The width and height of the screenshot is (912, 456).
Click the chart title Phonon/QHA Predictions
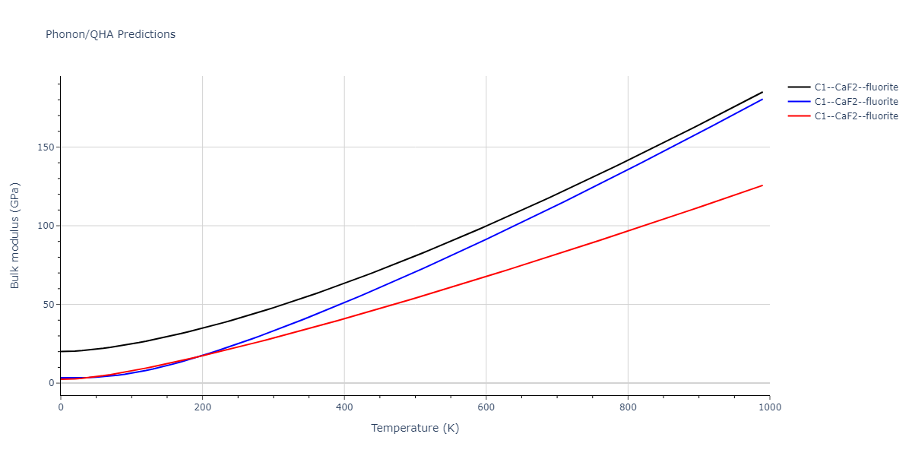[110, 34]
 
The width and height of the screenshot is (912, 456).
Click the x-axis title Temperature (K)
[415, 428]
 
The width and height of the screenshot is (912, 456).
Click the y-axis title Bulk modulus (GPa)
[15, 236]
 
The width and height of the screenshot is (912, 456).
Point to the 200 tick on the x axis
[202, 407]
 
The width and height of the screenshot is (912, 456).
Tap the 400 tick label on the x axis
[344, 407]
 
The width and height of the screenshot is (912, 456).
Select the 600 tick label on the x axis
[486, 407]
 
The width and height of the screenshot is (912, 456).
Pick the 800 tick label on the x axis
[628, 407]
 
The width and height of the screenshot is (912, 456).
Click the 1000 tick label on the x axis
[769, 407]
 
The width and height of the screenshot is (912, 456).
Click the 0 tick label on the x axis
[61, 407]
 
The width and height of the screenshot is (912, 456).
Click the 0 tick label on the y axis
[51, 383]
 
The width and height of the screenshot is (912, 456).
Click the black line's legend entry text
[856, 87]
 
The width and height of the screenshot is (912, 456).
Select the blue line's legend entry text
[856, 102]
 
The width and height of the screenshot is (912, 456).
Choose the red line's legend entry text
[856, 116]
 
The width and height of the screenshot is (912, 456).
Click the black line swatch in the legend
[798, 87]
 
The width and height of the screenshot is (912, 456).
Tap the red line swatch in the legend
[798, 116]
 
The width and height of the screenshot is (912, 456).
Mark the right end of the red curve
[762, 185]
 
